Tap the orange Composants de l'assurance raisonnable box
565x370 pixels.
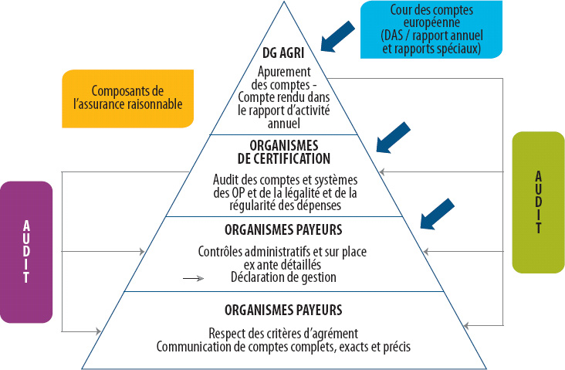click(x=127, y=97)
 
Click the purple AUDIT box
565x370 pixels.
click(x=26, y=251)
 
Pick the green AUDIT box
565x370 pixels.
click(x=539, y=201)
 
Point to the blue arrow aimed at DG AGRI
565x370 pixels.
click(x=337, y=37)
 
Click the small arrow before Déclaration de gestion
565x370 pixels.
click(x=194, y=277)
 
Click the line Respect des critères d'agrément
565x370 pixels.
click(x=282, y=334)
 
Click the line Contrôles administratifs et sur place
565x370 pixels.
click(x=282, y=252)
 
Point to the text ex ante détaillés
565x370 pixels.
click(x=282, y=265)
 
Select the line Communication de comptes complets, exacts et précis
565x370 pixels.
click(x=282, y=347)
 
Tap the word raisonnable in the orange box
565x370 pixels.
click(x=152, y=104)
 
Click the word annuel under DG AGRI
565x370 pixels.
click(x=282, y=122)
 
